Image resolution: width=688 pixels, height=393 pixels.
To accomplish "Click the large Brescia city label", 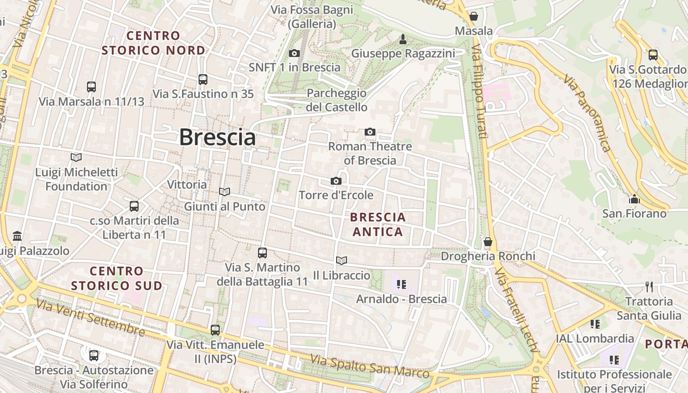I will click(x=217, y=137).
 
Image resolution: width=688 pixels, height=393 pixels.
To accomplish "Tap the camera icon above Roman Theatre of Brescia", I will click(x=370, y=132).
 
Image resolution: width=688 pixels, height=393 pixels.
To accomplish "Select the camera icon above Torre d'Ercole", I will click(x=336, y=181).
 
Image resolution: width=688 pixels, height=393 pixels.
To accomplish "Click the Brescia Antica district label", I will click(x=378, y=224).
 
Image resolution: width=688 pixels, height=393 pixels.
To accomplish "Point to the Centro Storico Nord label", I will click(x=153, y=43).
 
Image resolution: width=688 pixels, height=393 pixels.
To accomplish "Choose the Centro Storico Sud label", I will click(x=116, y=278).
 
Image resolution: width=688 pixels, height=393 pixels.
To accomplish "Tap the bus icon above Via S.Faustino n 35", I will click(x=203, y=79).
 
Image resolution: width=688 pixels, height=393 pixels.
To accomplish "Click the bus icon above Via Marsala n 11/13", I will click(x=91, y=87).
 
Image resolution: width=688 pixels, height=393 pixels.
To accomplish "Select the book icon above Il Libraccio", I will click(x=342, y=261).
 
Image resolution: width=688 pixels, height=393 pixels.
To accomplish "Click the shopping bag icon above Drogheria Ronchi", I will click(x=488, y=242).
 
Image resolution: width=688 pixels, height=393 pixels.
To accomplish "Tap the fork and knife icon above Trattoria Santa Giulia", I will click(x=649, y=286).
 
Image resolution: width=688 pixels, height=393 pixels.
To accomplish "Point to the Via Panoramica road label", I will click(x=587, y=113).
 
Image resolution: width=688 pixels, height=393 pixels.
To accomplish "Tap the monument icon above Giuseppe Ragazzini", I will click(x=403, y=39).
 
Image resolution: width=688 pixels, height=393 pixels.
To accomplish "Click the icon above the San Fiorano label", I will click(x=634, y=199).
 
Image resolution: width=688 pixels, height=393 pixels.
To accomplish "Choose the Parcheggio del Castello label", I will click(x=337, y=100).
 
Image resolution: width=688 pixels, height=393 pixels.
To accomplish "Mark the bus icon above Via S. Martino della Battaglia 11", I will click(x=262, y=253).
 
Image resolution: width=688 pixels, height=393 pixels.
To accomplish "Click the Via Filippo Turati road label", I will click(x=479, y=91).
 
